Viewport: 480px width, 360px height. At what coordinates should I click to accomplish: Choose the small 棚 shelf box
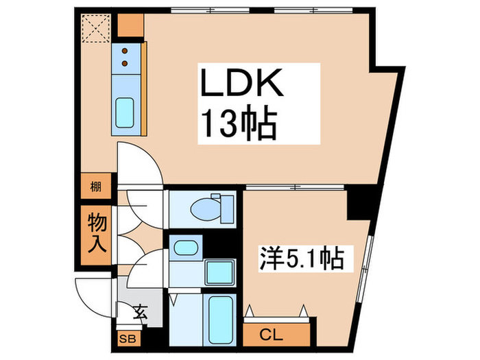click(x=97, y=186)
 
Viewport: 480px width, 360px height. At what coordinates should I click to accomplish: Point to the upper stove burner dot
click(x=125, y=49)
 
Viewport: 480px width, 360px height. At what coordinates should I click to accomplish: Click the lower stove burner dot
click(x=125, y=63)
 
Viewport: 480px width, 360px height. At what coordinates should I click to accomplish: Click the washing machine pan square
click(x=219, y=272)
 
